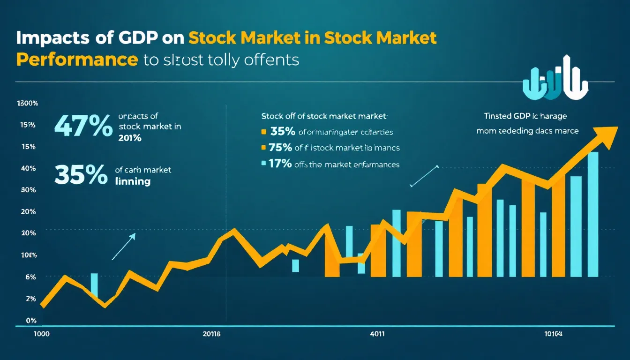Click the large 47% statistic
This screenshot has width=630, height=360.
83,127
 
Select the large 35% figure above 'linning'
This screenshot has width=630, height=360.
80,175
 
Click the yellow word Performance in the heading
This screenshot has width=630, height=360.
77,60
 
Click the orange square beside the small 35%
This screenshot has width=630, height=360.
263,132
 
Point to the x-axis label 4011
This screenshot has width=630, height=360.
377,335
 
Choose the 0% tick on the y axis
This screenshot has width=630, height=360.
31,321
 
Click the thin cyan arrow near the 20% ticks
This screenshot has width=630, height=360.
123,247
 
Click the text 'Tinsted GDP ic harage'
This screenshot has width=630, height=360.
525,116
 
